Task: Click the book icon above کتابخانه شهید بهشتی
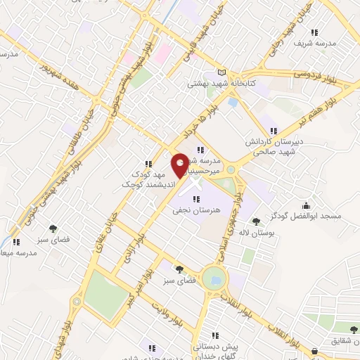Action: (x=223, y=72)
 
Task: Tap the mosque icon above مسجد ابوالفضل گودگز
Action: (x=307, y=205)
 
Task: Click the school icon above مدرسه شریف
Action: (x=314, y=32)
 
